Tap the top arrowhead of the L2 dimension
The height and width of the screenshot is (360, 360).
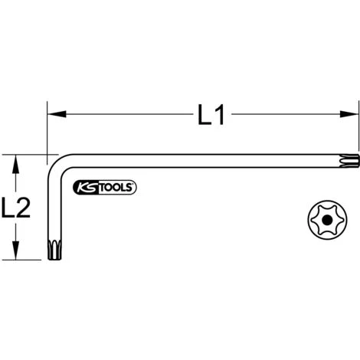[15, 159]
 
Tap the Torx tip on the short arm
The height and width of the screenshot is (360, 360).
[54, 251]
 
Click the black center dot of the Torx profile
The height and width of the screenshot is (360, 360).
[327, 219]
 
